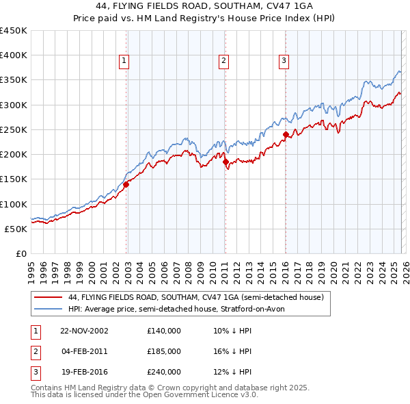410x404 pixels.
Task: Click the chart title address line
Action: (x=204, y=6)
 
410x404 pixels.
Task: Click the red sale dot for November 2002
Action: (x=126, y=184)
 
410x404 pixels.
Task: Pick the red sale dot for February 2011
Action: (x=225, y=162)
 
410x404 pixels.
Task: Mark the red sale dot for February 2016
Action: (x=286, y=134)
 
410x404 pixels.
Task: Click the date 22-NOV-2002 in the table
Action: (x=84, y=330)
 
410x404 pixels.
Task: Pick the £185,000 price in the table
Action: (x=164, y=351)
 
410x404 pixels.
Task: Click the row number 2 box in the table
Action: (x=35, y=351)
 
